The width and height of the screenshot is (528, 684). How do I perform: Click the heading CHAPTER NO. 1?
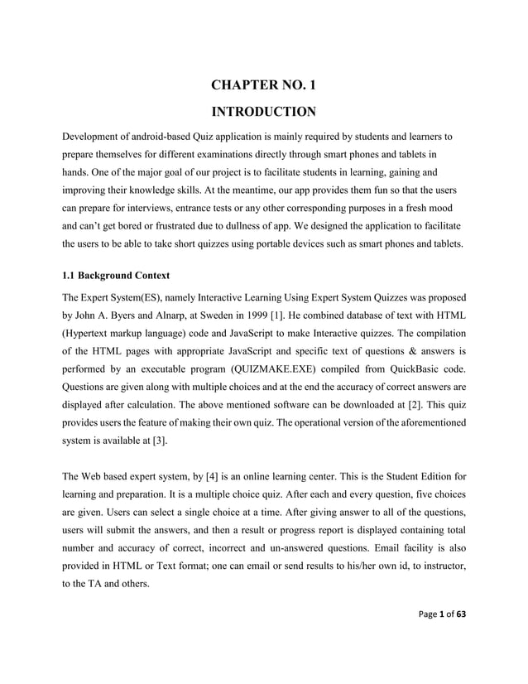(263, 84)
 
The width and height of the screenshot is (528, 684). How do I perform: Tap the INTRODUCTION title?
(263, 111)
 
